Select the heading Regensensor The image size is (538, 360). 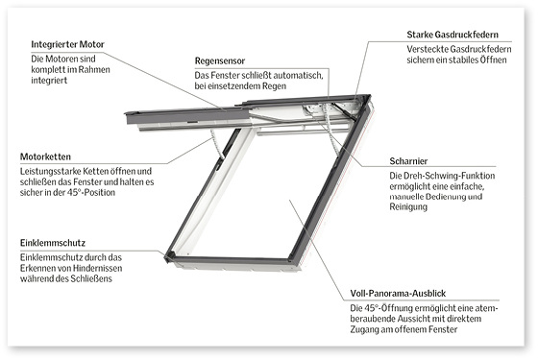(225, 60)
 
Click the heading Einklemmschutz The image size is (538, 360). (54, 243)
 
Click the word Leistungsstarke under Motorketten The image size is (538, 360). (52, 170)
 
